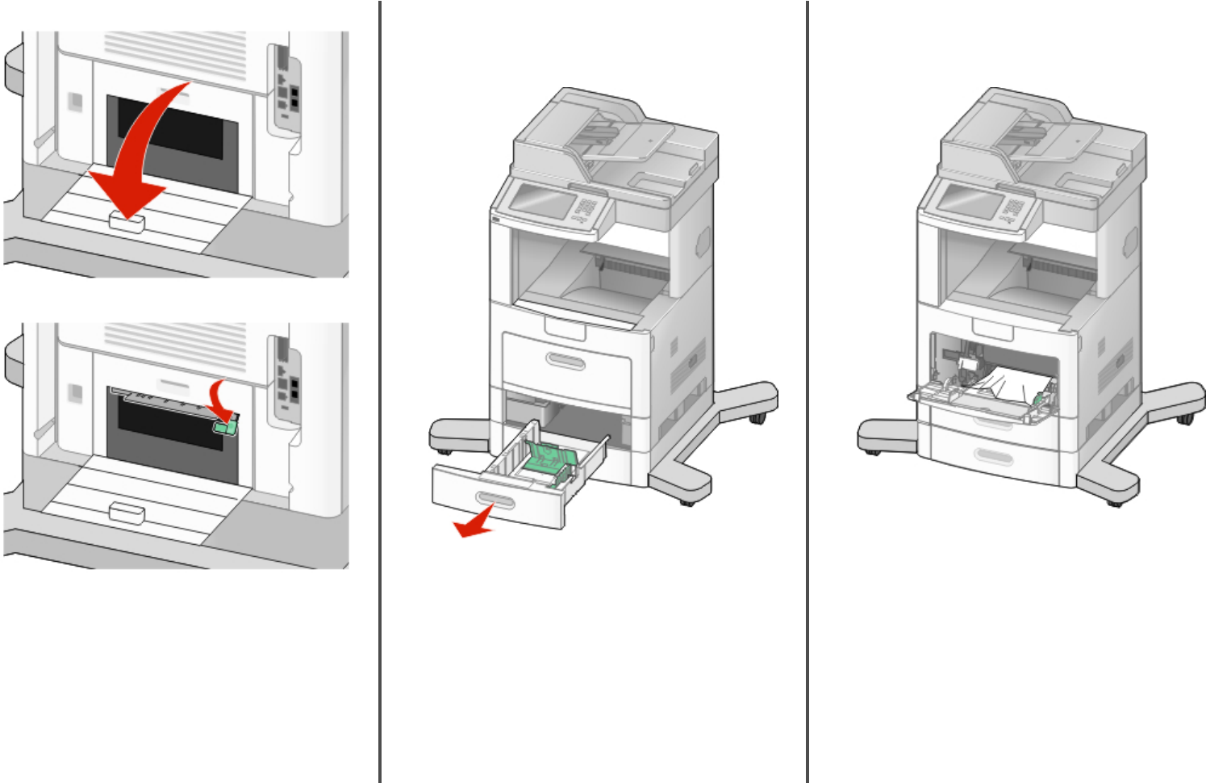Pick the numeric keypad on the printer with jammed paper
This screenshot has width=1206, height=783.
(1012, 208)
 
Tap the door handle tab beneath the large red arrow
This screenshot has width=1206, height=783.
(127, 222)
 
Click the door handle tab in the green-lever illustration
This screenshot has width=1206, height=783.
(127, 512)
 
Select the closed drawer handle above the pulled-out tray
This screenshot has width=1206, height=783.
(565, 360)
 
